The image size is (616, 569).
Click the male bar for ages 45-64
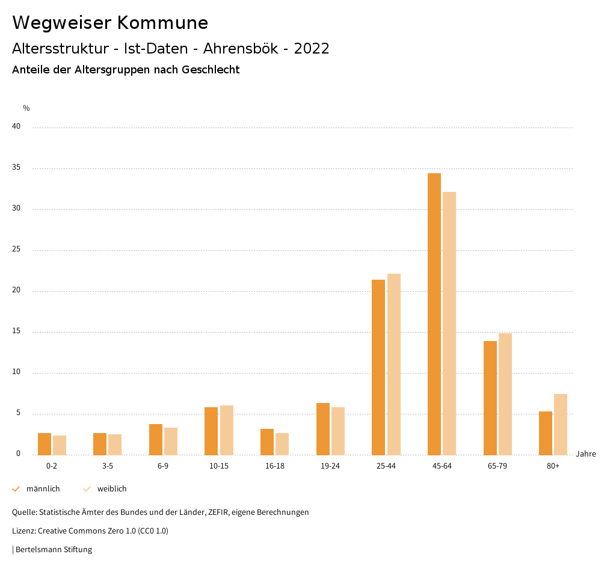tap(434, 314)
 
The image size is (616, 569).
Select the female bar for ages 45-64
tap(449, 324)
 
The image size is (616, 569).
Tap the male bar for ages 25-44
tap(378, 367)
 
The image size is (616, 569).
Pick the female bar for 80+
tap(561, 424)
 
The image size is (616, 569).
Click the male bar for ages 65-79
tap(490, 398)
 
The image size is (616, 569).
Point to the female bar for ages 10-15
tap(226, 430)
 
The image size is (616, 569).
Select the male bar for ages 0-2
tap(45, 444)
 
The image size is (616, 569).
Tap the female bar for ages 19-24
tap(338, 431)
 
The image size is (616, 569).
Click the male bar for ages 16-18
tap(267, 441)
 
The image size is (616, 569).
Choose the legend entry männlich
tap(43, 489)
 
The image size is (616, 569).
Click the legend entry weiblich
tap(112, 489)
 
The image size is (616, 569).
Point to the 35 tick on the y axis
tap(16, 168)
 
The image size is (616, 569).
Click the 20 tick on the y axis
tap(16, 291)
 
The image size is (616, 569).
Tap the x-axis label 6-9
tap(163, 466)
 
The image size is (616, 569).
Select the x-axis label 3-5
tap(107, 466)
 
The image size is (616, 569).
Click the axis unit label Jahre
tap(585, 454)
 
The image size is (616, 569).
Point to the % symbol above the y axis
tap(26, 108)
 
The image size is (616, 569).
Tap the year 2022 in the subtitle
tap(312, 49)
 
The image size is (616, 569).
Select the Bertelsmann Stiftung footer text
tap(54, 550)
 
